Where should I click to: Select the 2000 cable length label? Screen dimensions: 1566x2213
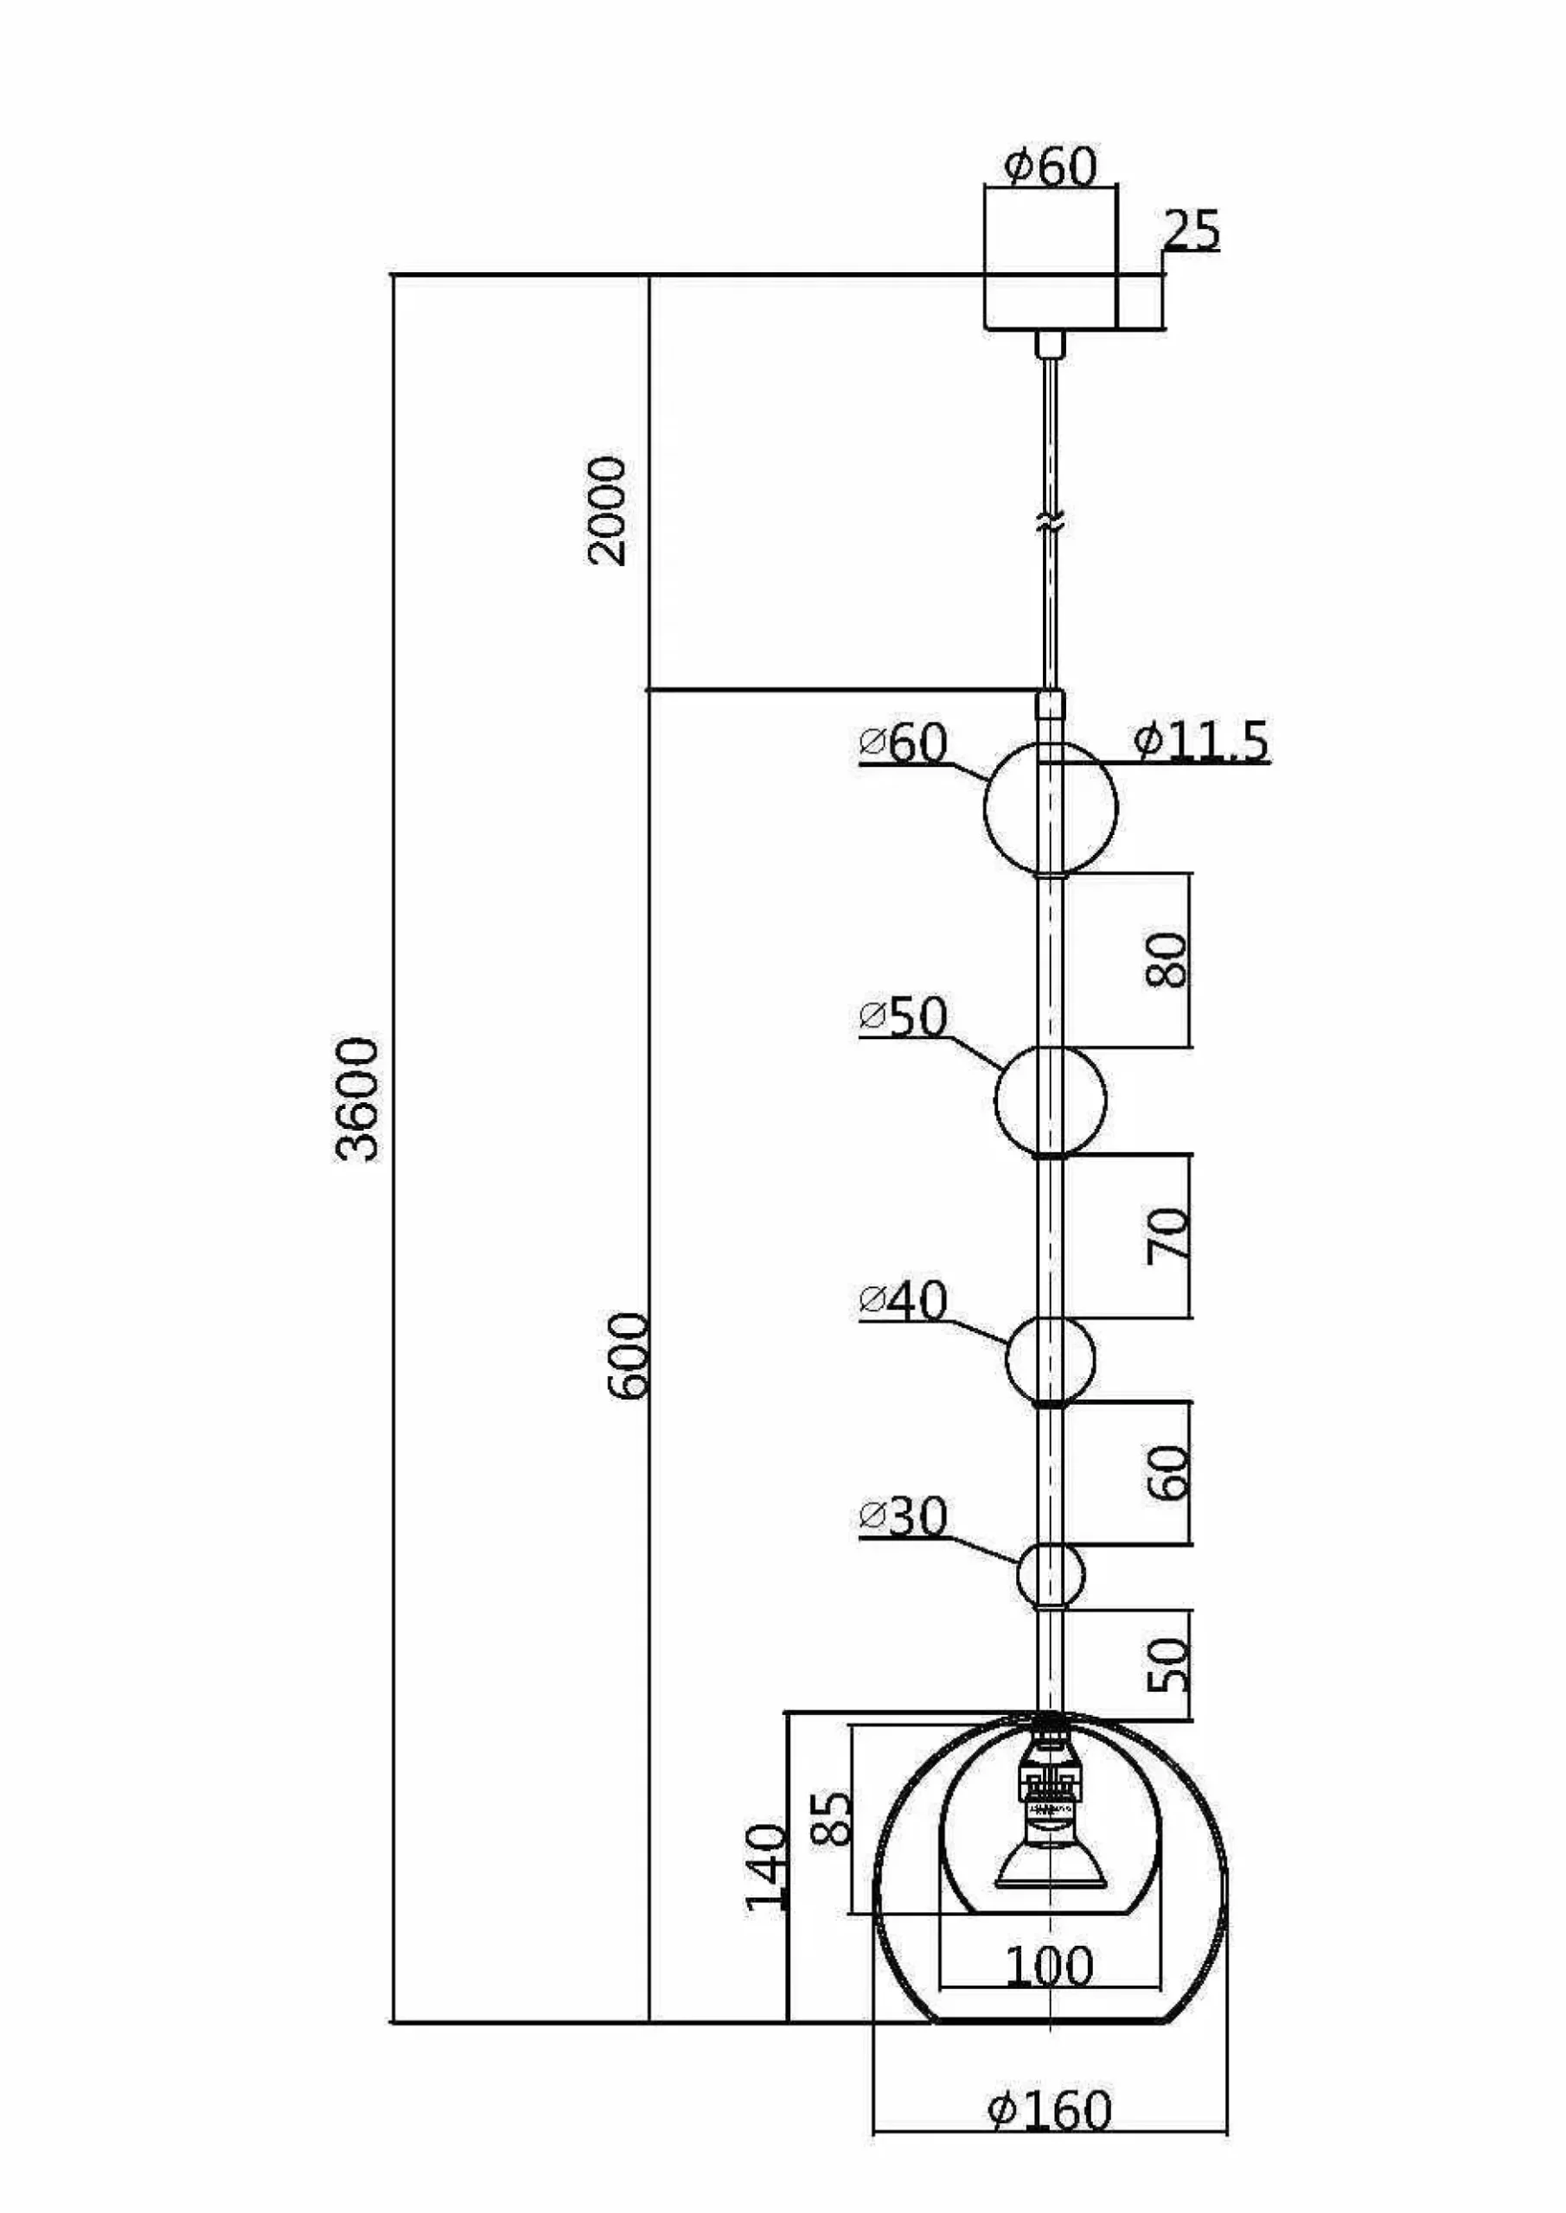(608, 511)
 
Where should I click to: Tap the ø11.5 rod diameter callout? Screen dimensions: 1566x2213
(1201, 741)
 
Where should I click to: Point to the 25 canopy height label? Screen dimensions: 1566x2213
(1192, 230)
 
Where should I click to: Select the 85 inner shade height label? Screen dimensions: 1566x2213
(831, 1818)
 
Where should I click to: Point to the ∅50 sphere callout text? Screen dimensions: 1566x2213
(904, 1017)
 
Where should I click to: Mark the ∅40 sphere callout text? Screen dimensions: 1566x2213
(904, 1300)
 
